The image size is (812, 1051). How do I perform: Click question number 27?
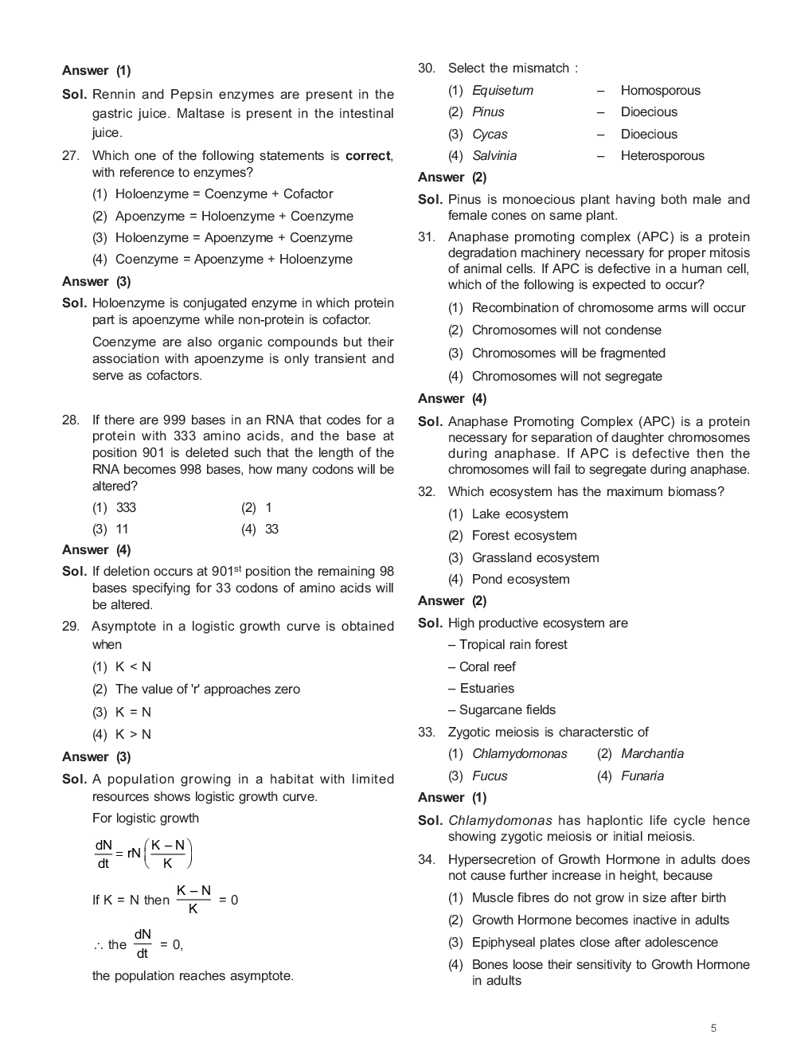(70, 156)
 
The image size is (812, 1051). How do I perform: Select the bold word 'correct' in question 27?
(368, 156)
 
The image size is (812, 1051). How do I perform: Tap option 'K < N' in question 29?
(133, 667)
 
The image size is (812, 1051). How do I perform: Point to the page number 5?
(713, 1028)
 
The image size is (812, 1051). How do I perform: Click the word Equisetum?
(502, 91)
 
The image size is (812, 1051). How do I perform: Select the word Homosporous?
(660, 91)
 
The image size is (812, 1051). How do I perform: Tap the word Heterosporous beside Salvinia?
(662, 156)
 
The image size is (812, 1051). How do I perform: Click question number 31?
(426, 237)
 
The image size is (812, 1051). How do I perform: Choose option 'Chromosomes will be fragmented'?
(568, 354)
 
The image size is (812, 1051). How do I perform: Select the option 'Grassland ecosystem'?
(535, 558)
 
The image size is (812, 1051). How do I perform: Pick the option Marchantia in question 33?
(651, 754)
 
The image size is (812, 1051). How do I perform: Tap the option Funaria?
(642, 776)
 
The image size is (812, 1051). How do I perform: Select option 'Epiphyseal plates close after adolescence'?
(594, 943)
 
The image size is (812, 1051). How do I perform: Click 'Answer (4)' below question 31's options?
(452, 399)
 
